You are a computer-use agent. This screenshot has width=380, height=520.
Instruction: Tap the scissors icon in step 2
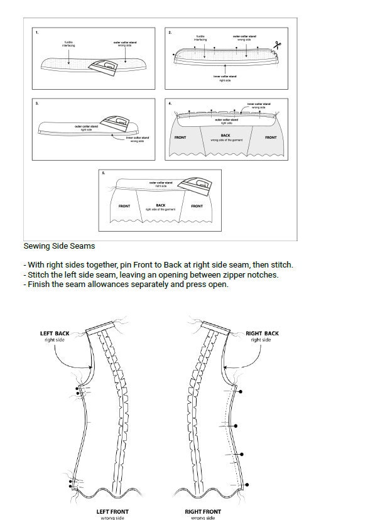276,45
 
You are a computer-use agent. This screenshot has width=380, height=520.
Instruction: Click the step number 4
170,102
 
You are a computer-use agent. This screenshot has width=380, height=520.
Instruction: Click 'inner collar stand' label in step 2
225,76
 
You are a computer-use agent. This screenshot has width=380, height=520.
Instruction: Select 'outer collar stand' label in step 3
86,126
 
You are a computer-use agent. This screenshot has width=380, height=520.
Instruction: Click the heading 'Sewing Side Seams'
59,247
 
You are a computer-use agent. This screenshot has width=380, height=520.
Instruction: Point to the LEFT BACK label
55,333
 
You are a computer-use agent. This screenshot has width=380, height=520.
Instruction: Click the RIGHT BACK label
262,333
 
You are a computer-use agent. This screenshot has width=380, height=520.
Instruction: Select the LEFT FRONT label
112,512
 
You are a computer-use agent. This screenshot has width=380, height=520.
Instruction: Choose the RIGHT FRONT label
203,512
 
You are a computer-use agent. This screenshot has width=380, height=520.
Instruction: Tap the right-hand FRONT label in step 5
197,206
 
